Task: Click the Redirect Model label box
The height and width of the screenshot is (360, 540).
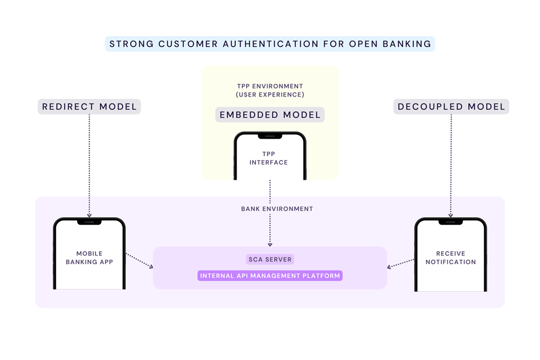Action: (89, 107)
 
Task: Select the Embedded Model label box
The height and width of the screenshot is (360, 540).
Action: (270, 115)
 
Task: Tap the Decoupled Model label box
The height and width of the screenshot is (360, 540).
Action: (451, 107)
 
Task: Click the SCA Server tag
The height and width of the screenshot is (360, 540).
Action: (269, 259)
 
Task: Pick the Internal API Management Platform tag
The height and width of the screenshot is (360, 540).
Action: (269, 276)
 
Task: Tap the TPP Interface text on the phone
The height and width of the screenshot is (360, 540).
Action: (269, 158)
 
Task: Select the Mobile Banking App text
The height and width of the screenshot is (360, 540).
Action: (89, 258)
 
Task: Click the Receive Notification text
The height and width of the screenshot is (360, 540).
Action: (450, 258)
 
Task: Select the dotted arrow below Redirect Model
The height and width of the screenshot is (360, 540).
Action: (89, 164)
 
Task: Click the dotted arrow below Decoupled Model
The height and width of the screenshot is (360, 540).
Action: (451, 164)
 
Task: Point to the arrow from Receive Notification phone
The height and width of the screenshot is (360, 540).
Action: (401, 263)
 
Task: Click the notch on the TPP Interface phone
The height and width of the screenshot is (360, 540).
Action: (270, 136)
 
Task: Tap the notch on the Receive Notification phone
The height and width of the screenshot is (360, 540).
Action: (450, 222)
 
